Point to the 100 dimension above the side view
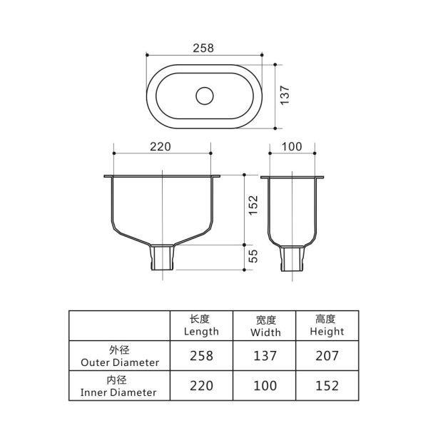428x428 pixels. tap(292, 147)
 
